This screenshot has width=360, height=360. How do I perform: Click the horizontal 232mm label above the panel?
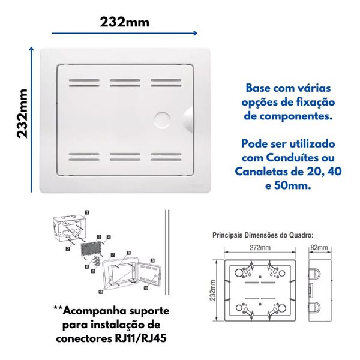tap(125, 22)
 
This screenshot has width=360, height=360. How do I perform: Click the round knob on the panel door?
tap(163, 118)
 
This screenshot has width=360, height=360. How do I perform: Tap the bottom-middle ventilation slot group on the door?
tap(125, 158)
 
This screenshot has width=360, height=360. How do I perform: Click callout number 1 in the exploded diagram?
tap(88, 212)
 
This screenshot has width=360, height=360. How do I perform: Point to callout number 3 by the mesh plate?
tap(98, 238)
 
